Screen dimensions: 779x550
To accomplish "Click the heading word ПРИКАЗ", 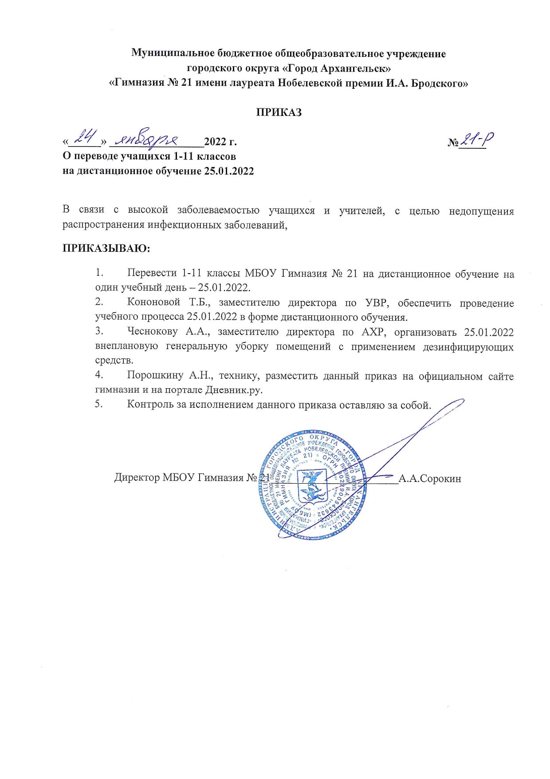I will tap(279, 112).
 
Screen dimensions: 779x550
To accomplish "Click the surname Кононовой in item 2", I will tap(153, 302).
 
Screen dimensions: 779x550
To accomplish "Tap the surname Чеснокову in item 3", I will tap(153, 331).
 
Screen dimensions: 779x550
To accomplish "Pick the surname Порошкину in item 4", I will tap(155, 376).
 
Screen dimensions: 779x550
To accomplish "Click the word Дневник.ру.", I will tap(234, 390).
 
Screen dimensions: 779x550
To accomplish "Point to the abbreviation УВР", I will tap(377, 303).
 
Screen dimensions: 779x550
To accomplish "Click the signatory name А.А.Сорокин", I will tap(430, 479).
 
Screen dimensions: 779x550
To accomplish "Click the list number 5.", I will tap(98, 404).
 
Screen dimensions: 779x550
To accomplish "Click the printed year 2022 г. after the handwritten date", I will tap(220, 142).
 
